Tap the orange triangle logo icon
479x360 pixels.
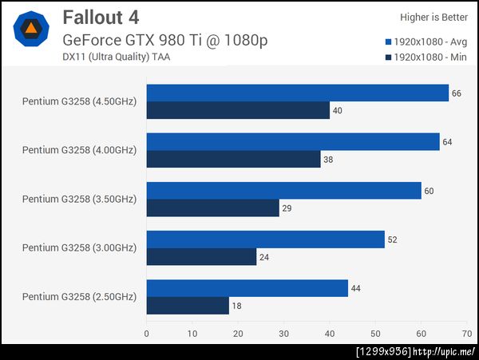click(x=31, y=30)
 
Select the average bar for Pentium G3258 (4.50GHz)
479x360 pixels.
click(x=297, y=93)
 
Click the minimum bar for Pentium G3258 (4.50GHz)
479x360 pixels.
click(x=238, y=110)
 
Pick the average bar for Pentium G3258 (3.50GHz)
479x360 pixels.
click(x=283, y=191)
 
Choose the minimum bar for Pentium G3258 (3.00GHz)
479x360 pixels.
click(x=201, y=256)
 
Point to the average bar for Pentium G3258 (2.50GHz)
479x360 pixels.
click(x=247, y=288)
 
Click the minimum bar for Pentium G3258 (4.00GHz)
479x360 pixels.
click(x=233, y=159)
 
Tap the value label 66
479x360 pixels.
click(x=457, y=93)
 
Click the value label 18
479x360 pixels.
click(x=237, y=305)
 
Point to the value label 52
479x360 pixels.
click(x=392, y=239)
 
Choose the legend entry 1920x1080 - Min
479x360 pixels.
click(x=429, y=57)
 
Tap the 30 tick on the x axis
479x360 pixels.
click(x=284, y=333)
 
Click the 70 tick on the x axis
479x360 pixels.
click(x=467, y=333)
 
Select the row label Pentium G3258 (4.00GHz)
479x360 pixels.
click(x=79, y=150)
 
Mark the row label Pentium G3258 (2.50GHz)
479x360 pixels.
click(x=79, y=296)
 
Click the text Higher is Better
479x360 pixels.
click(x=435, y=17)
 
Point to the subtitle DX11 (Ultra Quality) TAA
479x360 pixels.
click(x=116, y=56)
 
